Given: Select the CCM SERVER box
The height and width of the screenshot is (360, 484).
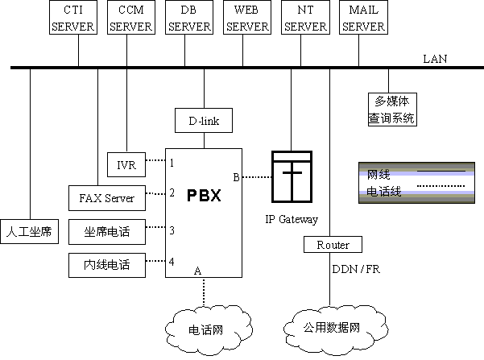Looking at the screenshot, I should click(131, 19).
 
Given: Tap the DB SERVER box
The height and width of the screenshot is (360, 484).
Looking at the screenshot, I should click(189, 19).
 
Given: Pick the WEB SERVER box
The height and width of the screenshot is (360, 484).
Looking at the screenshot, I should click(246, 19).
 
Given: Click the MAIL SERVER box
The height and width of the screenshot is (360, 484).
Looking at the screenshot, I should click(364, 19).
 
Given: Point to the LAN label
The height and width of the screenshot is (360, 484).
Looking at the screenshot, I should click(435, 59).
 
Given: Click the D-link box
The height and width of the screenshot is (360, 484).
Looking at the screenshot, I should click(204, 122).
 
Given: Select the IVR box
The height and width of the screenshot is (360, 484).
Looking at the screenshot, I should click(126, 164).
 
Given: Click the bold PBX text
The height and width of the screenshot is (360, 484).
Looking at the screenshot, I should click(204, 195).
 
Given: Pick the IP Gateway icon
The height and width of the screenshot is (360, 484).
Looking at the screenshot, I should click(291, 178).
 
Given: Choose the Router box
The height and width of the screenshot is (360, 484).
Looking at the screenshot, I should click(332, 244).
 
